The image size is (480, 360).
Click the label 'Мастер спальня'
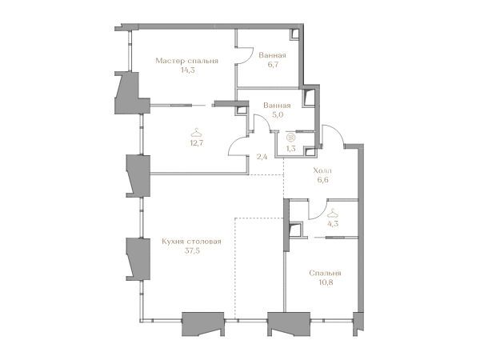point(186,61)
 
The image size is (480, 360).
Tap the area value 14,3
point(188,70)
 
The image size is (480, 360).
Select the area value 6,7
point(273,65)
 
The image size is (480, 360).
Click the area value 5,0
point(277,114)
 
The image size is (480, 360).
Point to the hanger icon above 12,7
point(196,133)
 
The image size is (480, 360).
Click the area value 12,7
point(197,142)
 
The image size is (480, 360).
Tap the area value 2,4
point(262,158)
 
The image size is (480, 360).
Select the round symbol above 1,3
point(290,138)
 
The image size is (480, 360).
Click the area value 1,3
point(290,149)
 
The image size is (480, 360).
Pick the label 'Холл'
point(322,170)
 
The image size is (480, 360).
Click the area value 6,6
point(322,180)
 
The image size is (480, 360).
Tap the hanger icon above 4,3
point(333,213)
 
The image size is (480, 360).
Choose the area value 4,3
point(333,223)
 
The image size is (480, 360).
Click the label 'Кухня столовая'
point(191,242)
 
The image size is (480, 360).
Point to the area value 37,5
point(192,251)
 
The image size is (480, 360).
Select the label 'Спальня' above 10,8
point(325,273)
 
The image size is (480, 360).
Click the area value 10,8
point(326,282)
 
